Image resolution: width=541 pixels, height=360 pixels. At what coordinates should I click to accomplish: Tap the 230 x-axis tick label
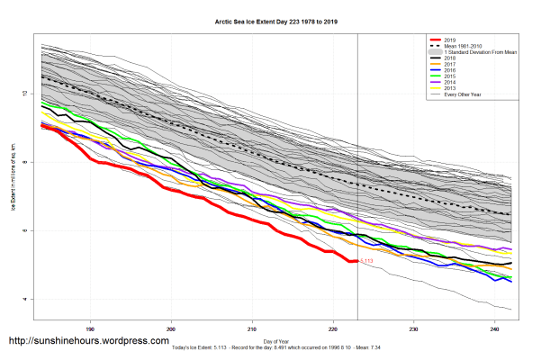(413, 328)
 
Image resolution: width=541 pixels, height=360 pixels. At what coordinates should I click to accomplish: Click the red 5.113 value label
(366, 262)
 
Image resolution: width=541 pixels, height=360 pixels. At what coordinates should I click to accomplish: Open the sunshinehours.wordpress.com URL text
(88, 342)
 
